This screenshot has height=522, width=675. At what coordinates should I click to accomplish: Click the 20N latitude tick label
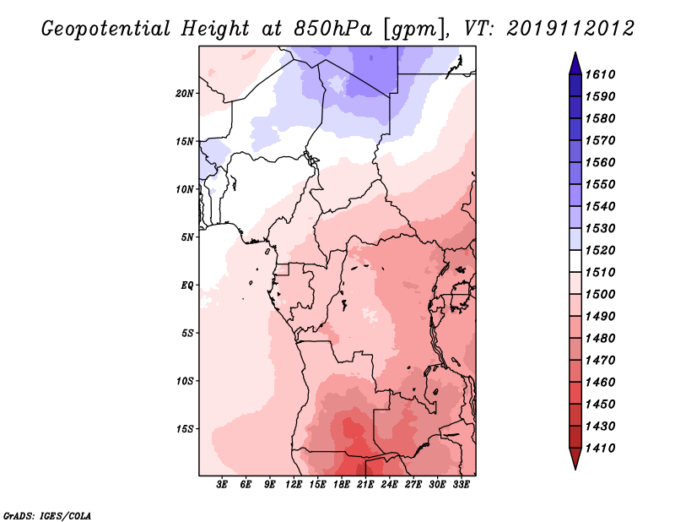pyautogui.click(x=185, y=93)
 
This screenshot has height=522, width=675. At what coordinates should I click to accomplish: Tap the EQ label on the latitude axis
pyautogui.click(x=187, y=285)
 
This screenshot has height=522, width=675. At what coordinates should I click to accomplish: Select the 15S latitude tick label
pyautogui.click(x=185, y=428)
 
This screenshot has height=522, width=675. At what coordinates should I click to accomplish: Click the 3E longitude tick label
pyautogui.click(x=223, y=486)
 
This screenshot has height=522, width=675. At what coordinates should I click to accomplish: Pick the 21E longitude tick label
pyautogui.click(x=366, y=486)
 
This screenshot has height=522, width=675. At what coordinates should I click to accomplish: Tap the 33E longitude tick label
pyautogui.click(x=462, y=486)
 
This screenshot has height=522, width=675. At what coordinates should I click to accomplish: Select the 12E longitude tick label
pyautogui.click(x=294, y=486)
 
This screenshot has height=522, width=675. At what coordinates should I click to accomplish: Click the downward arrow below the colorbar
pyautogui.click(x=574, y=460)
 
